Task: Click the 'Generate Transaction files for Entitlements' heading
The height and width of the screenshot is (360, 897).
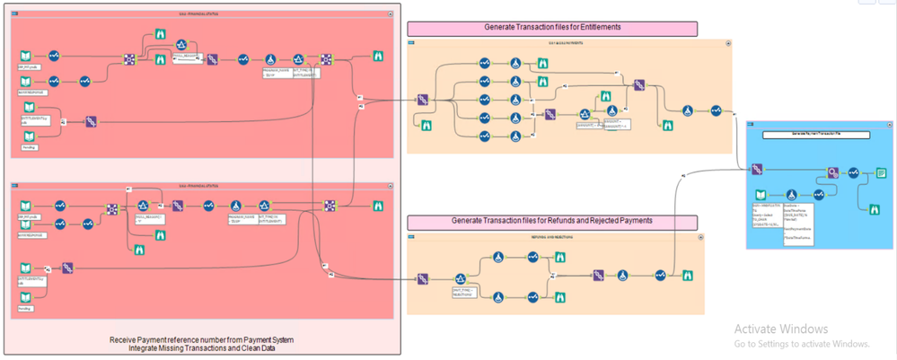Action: [552, 28]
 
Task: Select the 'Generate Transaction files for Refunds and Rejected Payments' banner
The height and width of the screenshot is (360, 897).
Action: [552, 221]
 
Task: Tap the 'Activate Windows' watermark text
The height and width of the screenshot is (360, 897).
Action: [781, 329]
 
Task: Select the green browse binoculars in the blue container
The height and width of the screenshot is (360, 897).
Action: [871, 209]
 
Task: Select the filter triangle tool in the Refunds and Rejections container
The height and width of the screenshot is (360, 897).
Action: [461, 280]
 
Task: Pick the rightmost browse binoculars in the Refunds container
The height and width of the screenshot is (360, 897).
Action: [687, 275]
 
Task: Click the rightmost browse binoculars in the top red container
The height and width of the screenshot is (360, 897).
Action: [378, 57]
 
